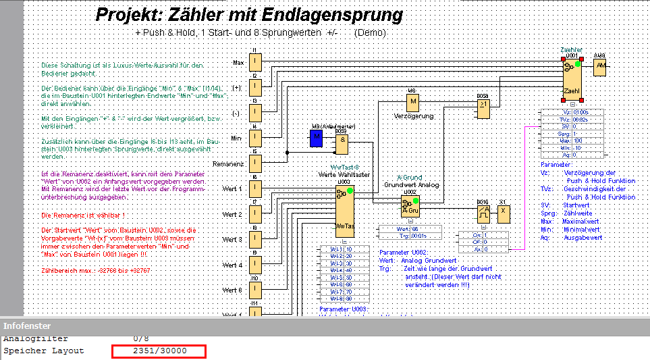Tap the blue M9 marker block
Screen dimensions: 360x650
click(317, 138)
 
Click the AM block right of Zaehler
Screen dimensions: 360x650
click(600, 67)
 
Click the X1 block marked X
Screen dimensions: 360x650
click(504, 215)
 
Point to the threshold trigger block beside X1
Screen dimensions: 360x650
click(483, 215)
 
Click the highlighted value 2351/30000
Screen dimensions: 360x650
click(159, 351)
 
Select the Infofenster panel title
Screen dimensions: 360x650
click(24, 326)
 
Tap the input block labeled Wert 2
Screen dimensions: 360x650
click(256, 214)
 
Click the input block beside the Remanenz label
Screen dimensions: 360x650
click(256, 164)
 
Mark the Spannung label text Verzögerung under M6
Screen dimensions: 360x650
click(414, 115)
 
